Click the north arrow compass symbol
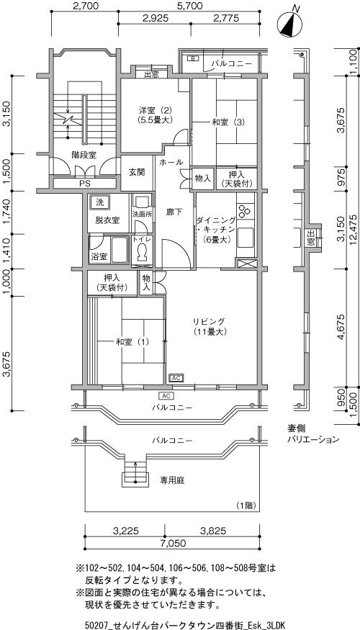tap(290, 24)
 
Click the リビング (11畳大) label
tap(210, 327)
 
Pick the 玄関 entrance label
tap(137, 172)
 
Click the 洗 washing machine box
tap(99, 202)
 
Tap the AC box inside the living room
tap(177, 378)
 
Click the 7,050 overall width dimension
tap(174, 544)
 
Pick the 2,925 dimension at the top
tap(155, 18)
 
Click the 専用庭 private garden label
tap(173, 480)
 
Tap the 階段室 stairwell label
tap(84, 155)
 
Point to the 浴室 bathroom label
tap(99, 257)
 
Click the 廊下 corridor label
tap(174, 212)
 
